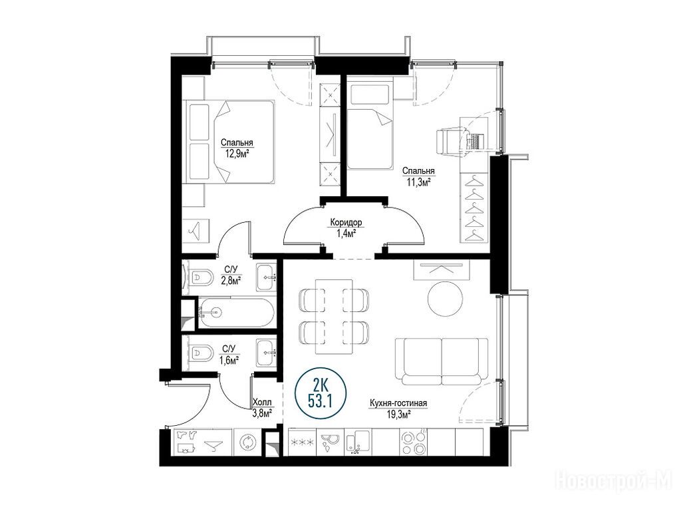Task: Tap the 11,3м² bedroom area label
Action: (x=418, y=182)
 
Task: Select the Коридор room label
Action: (x=346, y=222)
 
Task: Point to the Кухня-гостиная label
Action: (x=398, y=403)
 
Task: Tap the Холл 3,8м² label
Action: (x=262, y=408)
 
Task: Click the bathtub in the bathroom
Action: (x=236, y=313)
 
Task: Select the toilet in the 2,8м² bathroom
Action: (x=200, y=277)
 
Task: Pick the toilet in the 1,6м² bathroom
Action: (x=200, y=352)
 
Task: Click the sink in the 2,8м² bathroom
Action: (x=266, y=277)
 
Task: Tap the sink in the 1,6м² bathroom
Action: (x=266, y=353)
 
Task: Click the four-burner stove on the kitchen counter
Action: (x=413, y=442)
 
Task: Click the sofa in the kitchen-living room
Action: (x=442, y=362)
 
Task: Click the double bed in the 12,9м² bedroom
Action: (x=230, y=142)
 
